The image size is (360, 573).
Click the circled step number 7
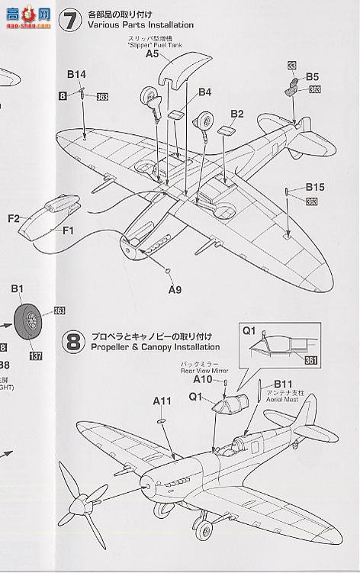71,21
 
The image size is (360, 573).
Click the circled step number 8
73,341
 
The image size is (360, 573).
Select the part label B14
76,75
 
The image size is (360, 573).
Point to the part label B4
204,92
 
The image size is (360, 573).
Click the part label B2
236,114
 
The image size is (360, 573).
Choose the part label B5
313,76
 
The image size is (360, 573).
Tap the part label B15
315,187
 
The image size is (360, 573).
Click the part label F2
14,219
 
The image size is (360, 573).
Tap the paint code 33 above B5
292,67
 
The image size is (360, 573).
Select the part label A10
203,378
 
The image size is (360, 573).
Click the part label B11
283,383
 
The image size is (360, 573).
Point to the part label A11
162,400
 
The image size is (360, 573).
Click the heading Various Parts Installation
129,25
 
